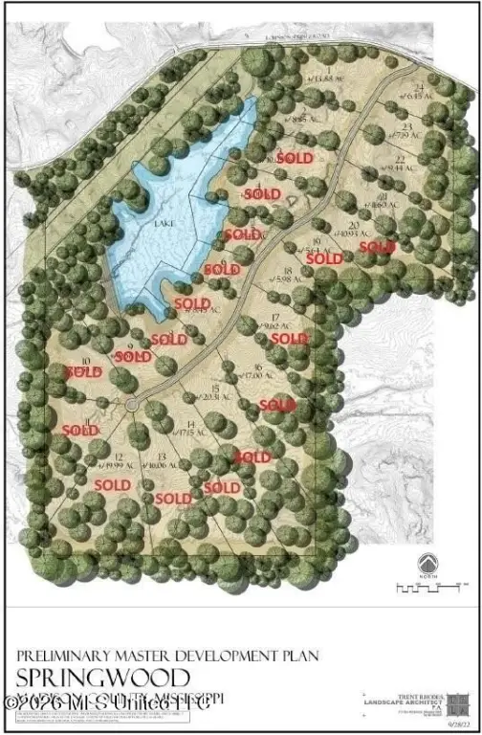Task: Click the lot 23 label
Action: tap(405, 130)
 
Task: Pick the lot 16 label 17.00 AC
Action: tap(259, 371)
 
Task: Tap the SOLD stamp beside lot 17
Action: tap(289, 338)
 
